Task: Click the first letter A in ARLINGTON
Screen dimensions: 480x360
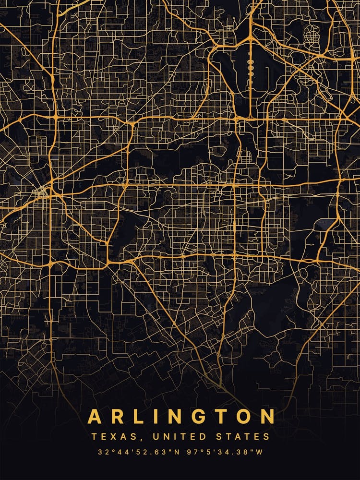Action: [x=96, y=416]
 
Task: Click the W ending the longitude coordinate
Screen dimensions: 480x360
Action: [x=259, y=452]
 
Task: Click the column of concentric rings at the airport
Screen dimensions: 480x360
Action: [x=250, y=69]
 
